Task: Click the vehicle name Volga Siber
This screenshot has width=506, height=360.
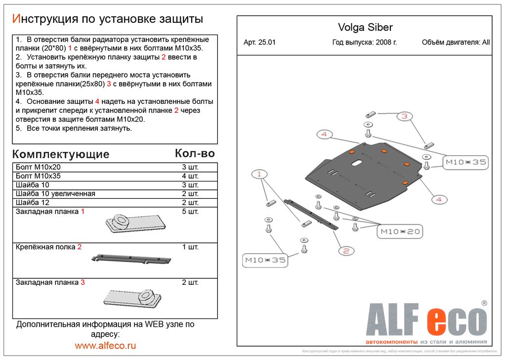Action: pyautogui.click(x=365, y=28)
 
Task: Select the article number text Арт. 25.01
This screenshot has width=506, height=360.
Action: pyautogui.click(x=259, y=43)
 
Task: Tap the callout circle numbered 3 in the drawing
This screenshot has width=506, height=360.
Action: pyautogui.click(x=404, y=117)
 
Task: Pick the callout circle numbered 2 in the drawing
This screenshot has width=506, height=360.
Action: pyautogui.click(x=346, y=251)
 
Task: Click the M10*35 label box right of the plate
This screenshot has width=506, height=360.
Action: pyautogui.click(x=466, y=162)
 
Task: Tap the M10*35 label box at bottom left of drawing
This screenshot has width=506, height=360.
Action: pyautogui.click(x=265, y=260)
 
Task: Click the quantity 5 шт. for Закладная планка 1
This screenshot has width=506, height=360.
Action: pyautogui.click(x=190, y=212)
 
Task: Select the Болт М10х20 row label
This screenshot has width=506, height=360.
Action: pyautogui.click(x=38, y=167)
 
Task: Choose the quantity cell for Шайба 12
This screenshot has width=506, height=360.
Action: pyautogui.click(x=190, y=203)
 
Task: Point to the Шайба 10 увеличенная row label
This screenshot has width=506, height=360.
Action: pyautogui.click(x=55, y=194)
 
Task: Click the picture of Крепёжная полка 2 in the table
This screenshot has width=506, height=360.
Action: pyautogui.click(x=131, y=259)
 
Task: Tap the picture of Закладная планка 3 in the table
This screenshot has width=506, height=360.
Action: pyautogui.click(x=133, y=298)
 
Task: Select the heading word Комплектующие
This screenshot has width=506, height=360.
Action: pyautogui.click(x=60, y=154)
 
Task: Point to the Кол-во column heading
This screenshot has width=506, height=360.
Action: pyautogui.click(x=195, y=153)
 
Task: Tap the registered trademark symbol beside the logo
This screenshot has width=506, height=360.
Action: pyautogui.click(x=484, y=303)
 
